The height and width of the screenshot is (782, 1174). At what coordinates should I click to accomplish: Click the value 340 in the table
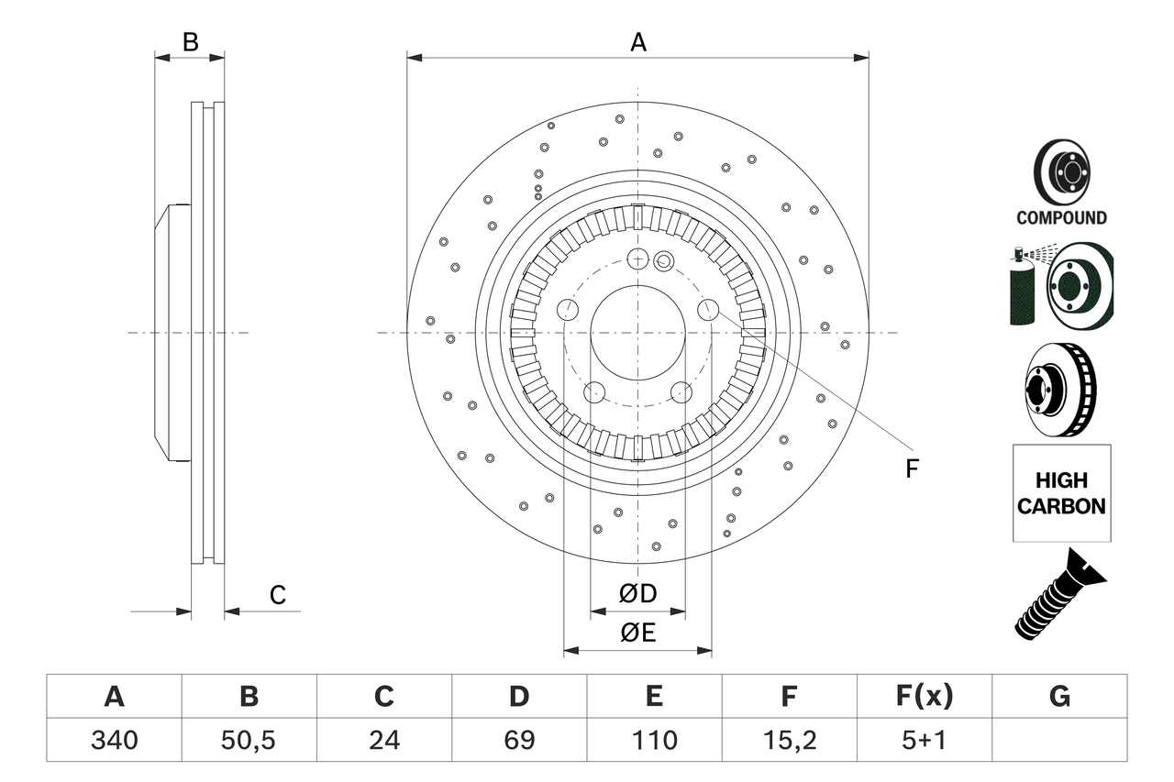(x=114, y=739)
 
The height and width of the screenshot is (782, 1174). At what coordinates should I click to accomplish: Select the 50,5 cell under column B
(x=249, y=739)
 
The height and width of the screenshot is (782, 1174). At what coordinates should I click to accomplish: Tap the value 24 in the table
(x=383, y=739)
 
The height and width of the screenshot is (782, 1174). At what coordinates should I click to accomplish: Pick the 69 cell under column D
(x=519, y=739)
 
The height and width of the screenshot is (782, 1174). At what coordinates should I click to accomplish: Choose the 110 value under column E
(x=654, y=739)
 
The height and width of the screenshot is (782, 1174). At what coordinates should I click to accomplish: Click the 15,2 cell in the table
(x=789, y=739)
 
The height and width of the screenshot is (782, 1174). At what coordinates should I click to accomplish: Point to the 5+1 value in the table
(x=924, y=739)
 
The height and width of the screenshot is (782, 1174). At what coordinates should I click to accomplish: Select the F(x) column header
(x=924, y=697)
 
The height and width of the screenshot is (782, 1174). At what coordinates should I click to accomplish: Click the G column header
(x=1059, y=697)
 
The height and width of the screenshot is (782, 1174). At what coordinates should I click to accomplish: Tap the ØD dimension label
(x=638, y=594)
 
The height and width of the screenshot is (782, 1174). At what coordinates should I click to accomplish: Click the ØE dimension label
(x=638, y=633)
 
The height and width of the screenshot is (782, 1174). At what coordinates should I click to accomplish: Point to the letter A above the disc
(x=638, y=42)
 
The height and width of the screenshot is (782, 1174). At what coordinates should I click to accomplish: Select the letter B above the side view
(x=190, y=41)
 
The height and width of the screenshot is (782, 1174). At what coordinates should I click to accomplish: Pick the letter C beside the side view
(x=277, y=595)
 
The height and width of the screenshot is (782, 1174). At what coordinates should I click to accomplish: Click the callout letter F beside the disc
(x=911, y=469)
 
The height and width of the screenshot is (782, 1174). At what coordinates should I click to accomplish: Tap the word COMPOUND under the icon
(x=1061, y=218)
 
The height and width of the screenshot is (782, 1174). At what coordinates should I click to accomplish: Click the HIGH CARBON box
(x=1061, y=492)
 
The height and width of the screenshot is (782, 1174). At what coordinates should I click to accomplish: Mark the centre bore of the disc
(x=637, y=332)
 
